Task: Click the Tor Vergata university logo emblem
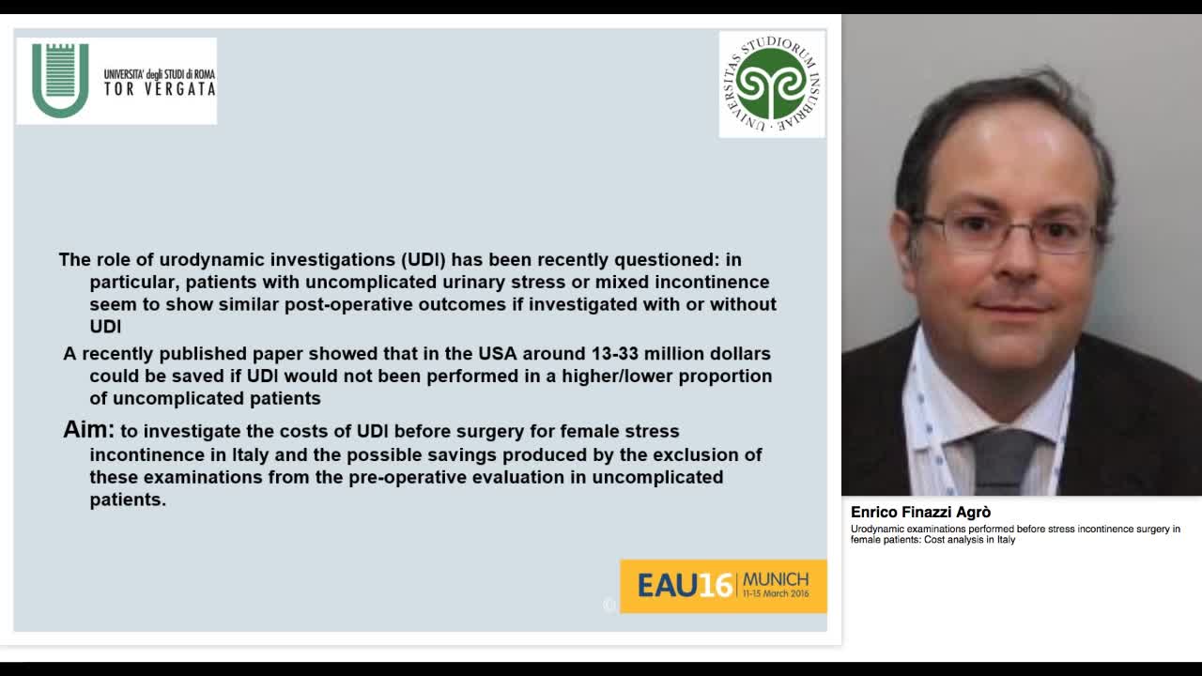click(60, 80)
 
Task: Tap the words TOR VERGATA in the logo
click(160, 89)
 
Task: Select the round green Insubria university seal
click(772, 84)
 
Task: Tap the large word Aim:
click(88, 430)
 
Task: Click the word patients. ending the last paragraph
click(128, 499)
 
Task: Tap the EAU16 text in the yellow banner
click(684, 586)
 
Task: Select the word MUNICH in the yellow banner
click(775, 579)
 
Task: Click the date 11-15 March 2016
click(775, 594)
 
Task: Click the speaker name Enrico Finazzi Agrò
click(920, 513)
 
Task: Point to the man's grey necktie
click(1002, 460)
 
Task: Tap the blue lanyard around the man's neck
click(925, 422)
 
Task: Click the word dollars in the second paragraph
click(738, 354)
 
